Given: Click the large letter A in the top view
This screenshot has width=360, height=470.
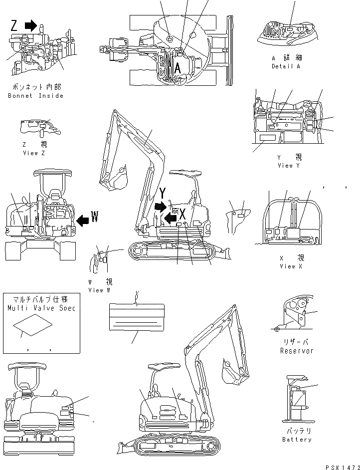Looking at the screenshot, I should pyautogui.click(x=177, y=68).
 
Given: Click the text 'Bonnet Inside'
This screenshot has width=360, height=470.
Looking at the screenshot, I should pyautogui.click(x=36, y=96).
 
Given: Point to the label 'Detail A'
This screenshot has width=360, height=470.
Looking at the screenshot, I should pyautogui.click(x=286, y=66).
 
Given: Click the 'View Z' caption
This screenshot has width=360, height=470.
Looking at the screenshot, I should pyautogui.click(x=34, y=153).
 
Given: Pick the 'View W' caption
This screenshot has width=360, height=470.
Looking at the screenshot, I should pyautogui.click(x=99, y=290).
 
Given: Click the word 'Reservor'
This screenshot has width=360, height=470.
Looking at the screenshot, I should pyautogui.click(x=296, y=351).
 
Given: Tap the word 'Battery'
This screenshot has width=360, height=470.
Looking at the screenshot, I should pyautogui.click(x=296, y=440).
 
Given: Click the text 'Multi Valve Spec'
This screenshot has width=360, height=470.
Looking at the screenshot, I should pyautogui.click(x=41, y=308).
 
